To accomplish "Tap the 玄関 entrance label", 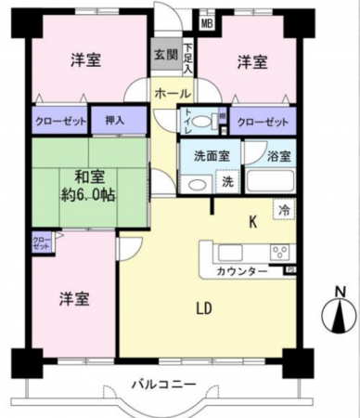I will tap(165, 54).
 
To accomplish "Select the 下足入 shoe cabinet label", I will tap(187, 59).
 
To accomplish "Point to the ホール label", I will tap(174, 94).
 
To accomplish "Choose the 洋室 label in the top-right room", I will tap(251, 62).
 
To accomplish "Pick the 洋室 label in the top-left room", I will tap(86, 61).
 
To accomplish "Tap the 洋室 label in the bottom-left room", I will tap(74, 299).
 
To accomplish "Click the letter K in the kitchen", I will tap(251, 221).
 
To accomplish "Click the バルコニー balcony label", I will tap(162, 384).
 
